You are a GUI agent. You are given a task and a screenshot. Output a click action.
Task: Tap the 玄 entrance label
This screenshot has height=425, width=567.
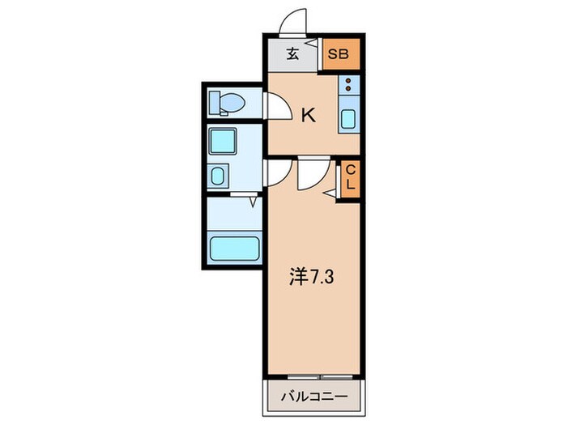(292, 56)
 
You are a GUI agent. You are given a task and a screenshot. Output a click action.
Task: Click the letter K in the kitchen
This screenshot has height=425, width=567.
(308, 116)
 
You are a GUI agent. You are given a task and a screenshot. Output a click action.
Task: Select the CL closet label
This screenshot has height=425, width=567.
(350, 177)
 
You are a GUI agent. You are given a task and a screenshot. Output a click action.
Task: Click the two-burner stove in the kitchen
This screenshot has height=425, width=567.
(348, 85)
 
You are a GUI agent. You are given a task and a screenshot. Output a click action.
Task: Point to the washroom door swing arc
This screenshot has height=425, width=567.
(277, 172)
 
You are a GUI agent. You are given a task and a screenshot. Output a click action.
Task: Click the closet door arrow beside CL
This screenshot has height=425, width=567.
(330, 193)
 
